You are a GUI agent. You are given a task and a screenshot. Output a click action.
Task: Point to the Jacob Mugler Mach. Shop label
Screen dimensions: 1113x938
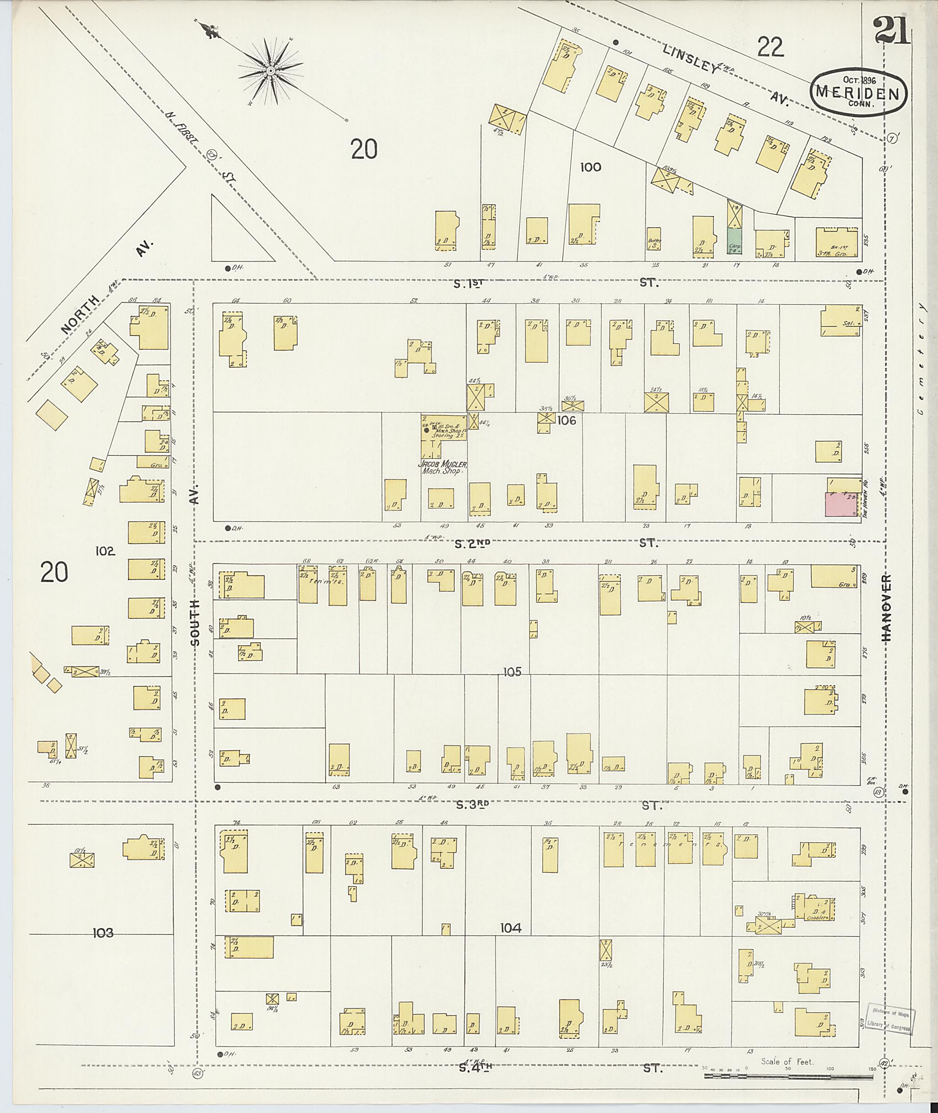pos(442,467)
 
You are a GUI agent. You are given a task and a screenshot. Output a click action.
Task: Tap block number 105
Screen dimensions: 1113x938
pos(512,672)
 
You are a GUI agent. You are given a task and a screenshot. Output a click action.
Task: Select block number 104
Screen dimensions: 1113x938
pos(511,928)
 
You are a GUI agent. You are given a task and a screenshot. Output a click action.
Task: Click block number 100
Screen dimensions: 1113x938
pos(590,167)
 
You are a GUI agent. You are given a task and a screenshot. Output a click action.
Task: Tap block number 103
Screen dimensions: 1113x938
pos(103,932)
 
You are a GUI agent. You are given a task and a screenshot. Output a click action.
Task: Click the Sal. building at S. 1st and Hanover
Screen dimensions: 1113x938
pos(840,320)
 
